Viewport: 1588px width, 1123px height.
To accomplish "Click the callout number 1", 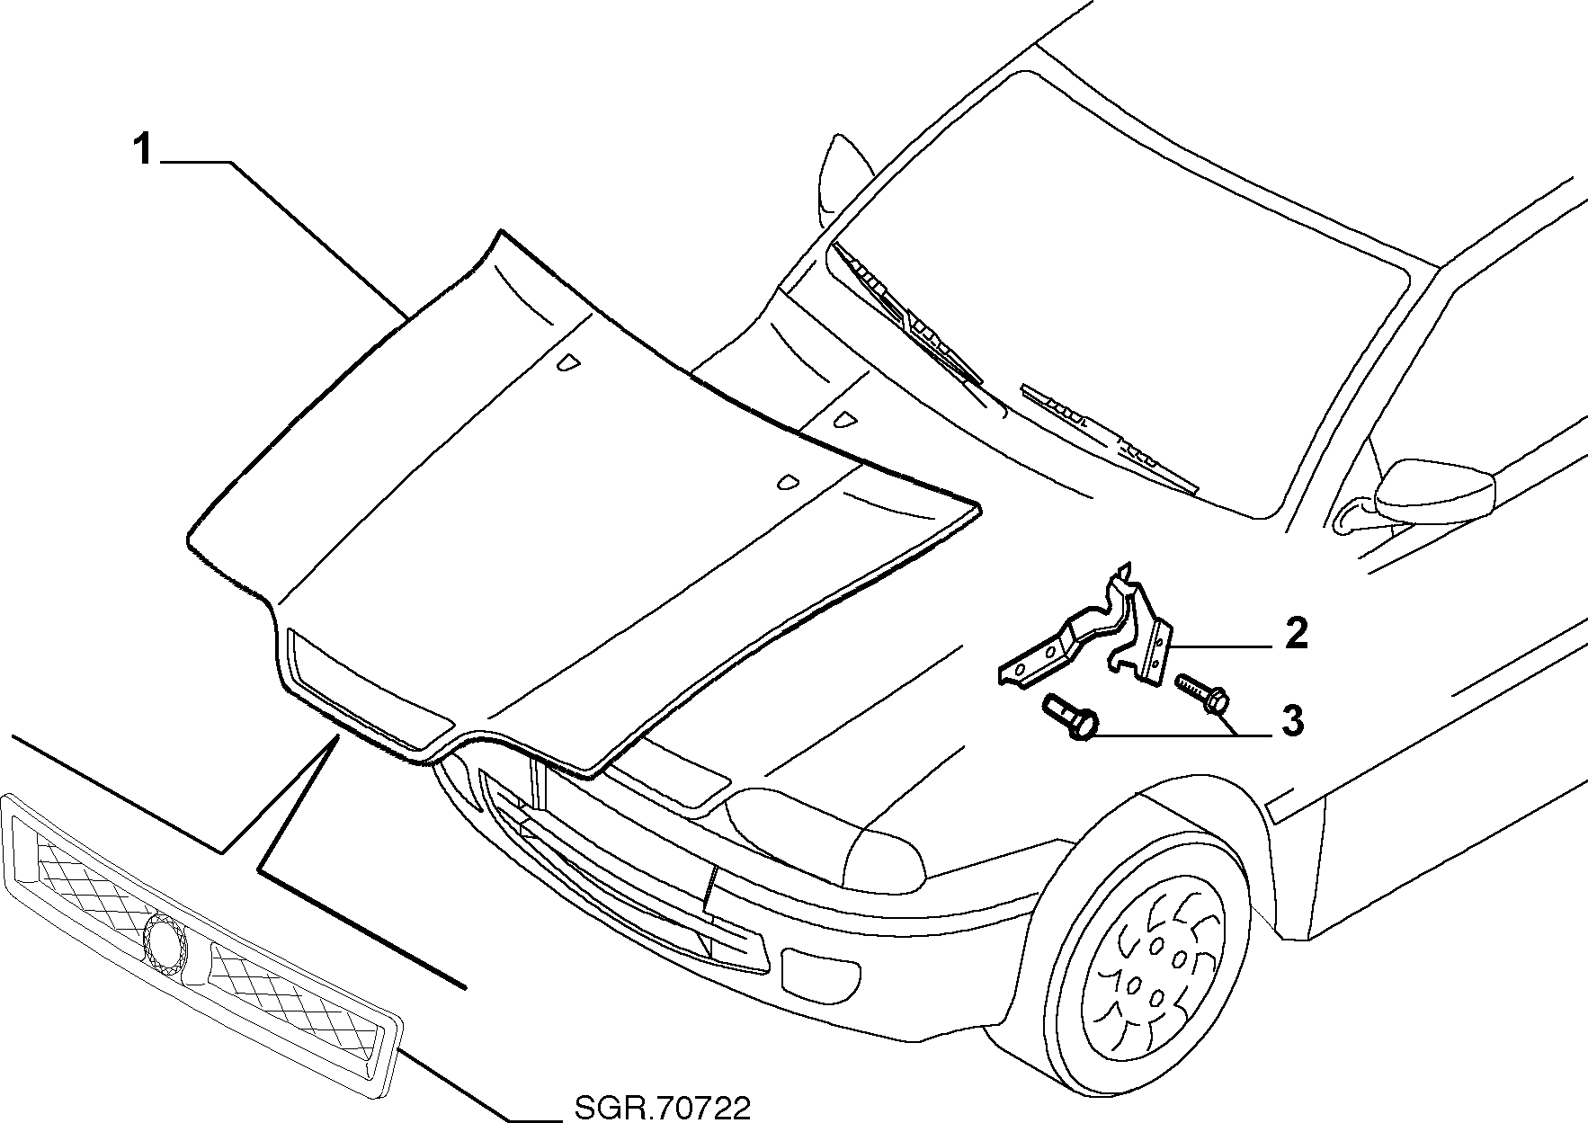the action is click(144, 149).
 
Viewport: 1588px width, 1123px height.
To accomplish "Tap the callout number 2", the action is click(1296, 634).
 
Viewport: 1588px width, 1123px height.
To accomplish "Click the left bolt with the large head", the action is click(1071, 717).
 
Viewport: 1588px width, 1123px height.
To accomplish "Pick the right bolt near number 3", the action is click(1203, 694).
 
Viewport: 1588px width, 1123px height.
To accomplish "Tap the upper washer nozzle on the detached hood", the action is click(568, 362).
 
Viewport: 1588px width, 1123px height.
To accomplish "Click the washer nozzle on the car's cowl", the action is click(845, 419).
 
